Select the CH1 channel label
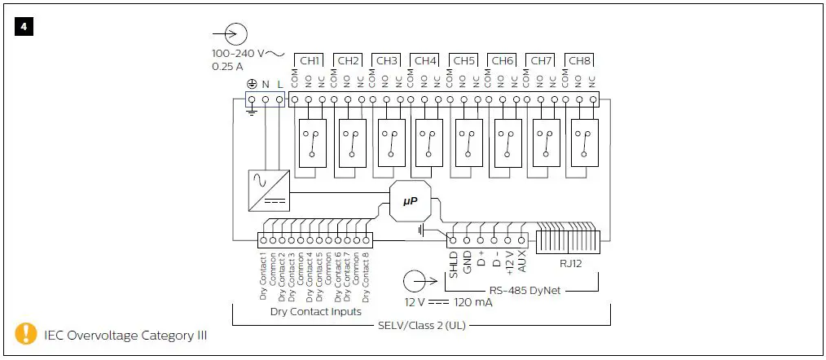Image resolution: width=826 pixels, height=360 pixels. point(310,60)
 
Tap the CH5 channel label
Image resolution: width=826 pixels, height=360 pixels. point(464,60)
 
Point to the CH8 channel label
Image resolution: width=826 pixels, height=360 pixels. point(579,60)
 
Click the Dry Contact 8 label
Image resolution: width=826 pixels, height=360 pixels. point(367,275)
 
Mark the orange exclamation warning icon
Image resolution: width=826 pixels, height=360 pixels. point(27,333)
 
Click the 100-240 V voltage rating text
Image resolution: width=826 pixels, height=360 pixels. point(238,54)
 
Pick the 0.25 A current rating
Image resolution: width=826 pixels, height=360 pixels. point(228,67)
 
